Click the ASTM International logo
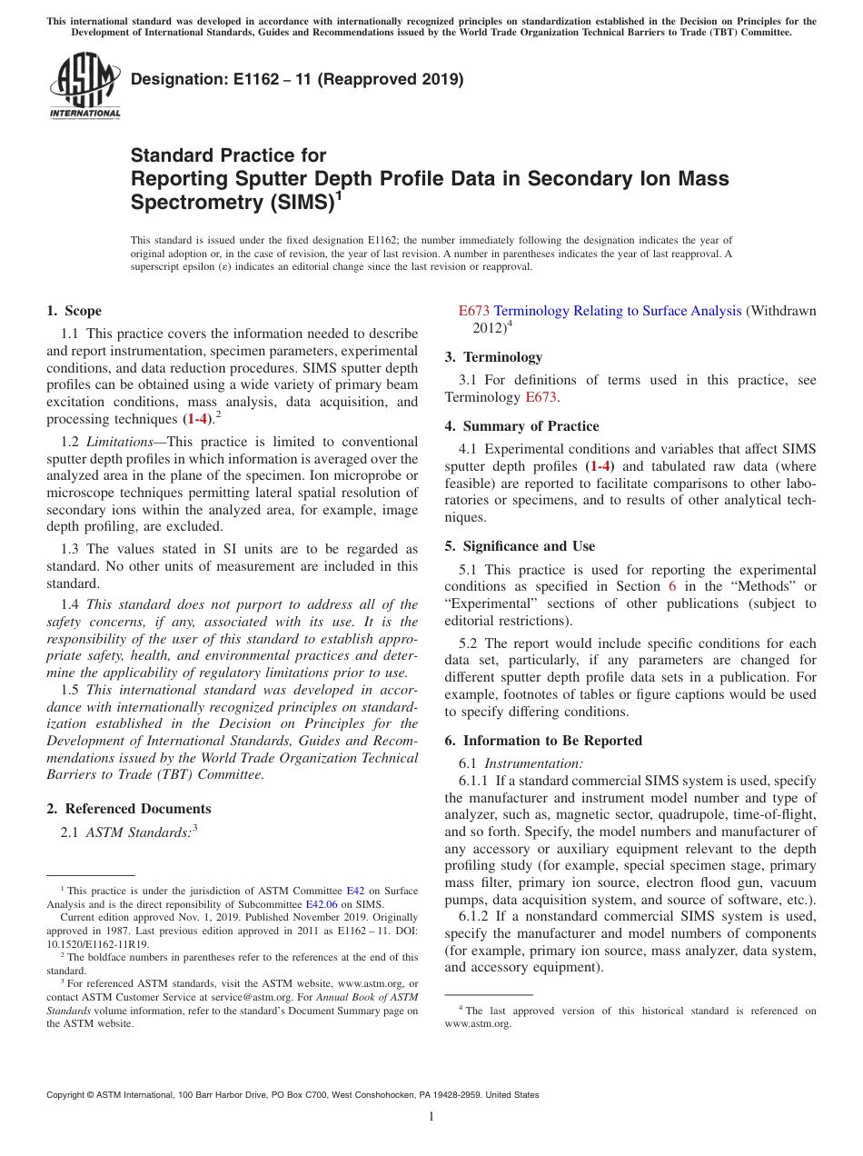[84, 85]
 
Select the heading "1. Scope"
[74, 311]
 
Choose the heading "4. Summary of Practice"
[521, 426]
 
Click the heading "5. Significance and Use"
[520, 546]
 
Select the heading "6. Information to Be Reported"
[543, 741]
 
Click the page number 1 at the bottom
[431, 1117]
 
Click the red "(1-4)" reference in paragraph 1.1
[196, 419]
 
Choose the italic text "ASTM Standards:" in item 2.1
[137, 832]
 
